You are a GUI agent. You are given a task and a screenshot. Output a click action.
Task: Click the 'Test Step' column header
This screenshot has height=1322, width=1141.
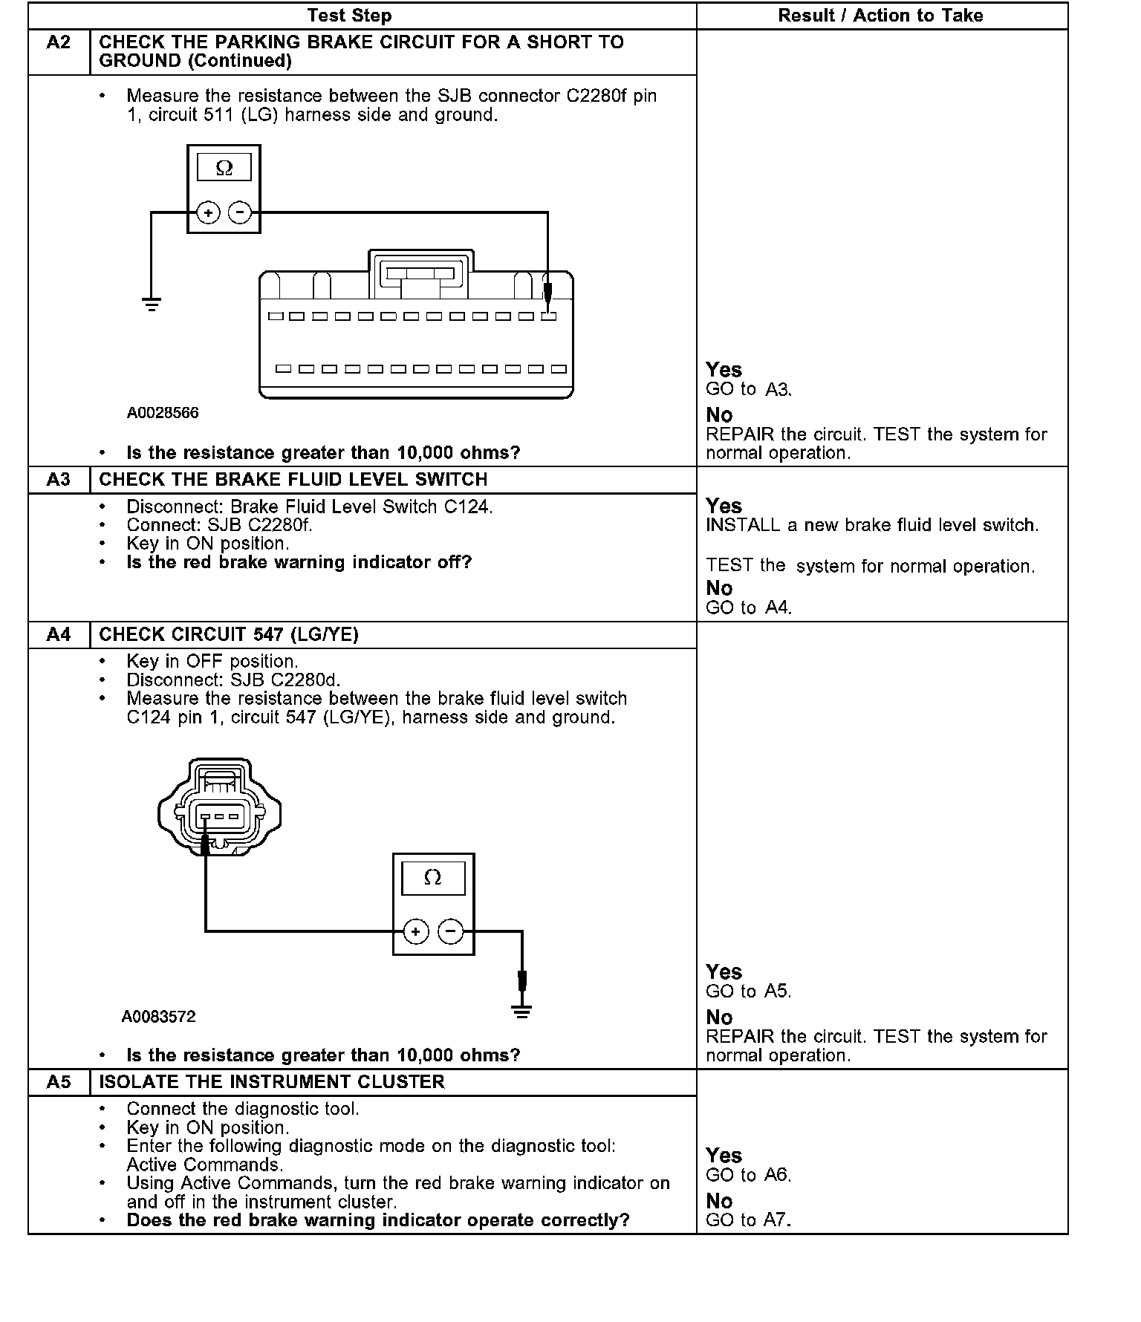click(349, 16)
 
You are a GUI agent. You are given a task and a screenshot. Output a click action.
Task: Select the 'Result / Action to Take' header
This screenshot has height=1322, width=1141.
click(880, 16)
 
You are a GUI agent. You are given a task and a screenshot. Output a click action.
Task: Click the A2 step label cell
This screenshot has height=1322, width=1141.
click(59, 43)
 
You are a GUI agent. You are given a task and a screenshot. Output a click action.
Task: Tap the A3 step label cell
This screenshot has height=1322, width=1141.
click(59, 480)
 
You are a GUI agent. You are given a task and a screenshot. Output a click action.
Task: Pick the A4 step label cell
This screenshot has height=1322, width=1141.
click(59, 635)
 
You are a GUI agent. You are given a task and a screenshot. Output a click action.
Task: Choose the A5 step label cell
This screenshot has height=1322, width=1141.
click(59, 1082)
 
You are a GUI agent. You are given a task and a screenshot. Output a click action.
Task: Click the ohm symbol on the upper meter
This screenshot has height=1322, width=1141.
click(224, 169)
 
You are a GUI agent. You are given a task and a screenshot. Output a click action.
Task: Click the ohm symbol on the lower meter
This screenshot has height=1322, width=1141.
click(432, 878)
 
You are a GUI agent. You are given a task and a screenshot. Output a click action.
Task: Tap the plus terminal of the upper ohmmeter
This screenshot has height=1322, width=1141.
click(208, 213)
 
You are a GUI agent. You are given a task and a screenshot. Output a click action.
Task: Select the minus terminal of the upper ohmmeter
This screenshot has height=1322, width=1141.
click(239, 213)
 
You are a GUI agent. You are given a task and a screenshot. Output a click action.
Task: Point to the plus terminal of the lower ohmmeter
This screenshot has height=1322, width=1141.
click(416, 931)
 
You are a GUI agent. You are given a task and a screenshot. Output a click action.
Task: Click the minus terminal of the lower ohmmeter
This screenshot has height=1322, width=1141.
click(450, 931)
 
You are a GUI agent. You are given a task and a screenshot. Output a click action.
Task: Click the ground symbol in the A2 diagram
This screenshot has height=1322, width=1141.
click(152, 304)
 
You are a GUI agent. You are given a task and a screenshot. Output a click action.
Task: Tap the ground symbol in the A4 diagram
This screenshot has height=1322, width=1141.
click(522, 1012)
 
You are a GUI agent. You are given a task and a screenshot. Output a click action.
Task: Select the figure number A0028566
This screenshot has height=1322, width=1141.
click(163, 413)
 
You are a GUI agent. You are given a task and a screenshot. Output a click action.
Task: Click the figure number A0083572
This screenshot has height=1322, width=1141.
click(158, 1017)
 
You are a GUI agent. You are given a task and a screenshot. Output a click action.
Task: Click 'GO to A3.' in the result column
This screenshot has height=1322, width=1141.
click(749, 390)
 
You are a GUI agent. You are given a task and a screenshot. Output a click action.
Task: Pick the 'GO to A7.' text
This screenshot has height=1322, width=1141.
click(749, 1220)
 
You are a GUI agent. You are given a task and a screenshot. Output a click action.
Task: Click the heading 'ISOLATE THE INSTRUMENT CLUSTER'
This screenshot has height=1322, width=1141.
click(272, 1082)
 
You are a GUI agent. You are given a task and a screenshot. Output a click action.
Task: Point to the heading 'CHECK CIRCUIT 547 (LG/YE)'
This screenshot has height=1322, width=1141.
click(229, 635)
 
